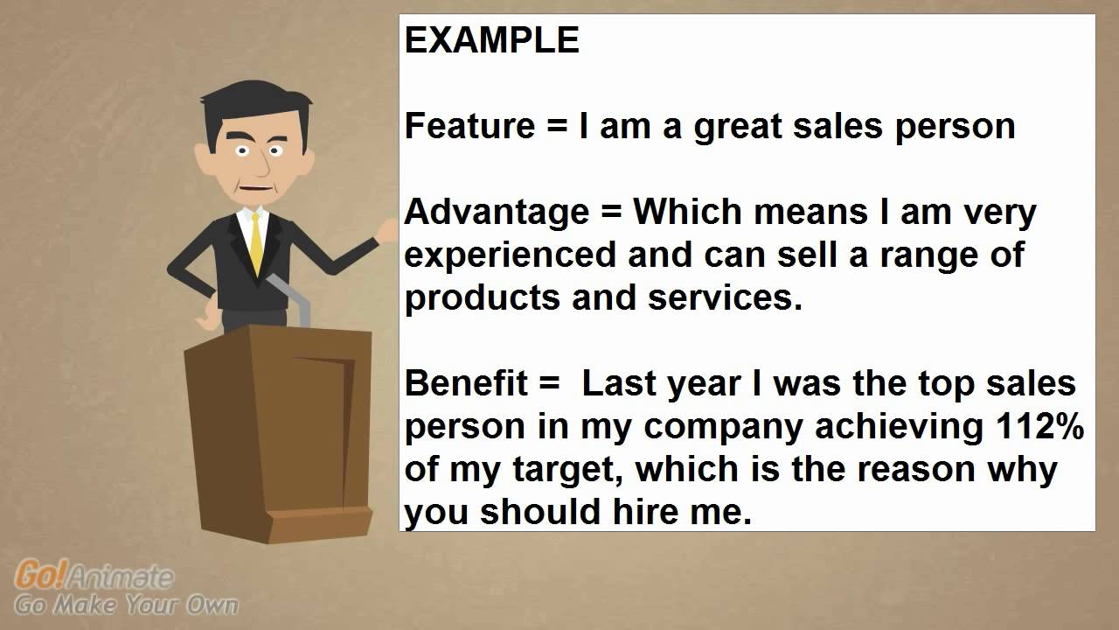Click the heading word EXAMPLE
pos(491,41)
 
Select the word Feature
pos(469,127)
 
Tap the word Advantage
pos(497,213)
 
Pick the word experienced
pos(513,255)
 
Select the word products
pos(483,298)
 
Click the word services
pos(724,298)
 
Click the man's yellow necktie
pos(255,241)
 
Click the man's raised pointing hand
pos(386,230)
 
